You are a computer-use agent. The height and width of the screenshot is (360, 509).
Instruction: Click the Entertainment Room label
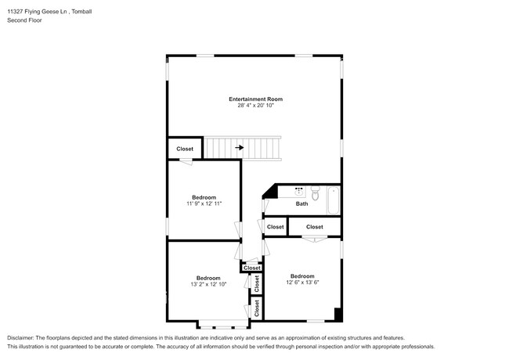click(256, 99)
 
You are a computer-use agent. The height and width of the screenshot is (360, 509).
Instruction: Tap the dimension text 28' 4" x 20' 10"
click(256, 106)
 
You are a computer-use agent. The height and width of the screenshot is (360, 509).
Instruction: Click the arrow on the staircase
click(240, 148)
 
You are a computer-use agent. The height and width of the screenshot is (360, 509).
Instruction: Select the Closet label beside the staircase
click(185, 149)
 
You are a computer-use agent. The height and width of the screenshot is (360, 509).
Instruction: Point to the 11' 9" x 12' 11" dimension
click(204, 203)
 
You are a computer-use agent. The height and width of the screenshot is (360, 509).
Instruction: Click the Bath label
click(302, 203)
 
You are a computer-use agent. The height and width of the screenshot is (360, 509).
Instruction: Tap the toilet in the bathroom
click(316, 193)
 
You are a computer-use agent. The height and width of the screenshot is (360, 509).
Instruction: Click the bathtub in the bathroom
click(334, 200)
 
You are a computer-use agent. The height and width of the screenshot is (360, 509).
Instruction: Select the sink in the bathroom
click(299, 192)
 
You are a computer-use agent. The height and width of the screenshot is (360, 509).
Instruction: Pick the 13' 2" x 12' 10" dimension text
click(208, 284)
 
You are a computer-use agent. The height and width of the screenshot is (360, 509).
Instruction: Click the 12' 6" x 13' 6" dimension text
click(302, 283)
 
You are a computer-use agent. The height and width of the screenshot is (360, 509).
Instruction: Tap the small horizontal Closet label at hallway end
click(252, 268)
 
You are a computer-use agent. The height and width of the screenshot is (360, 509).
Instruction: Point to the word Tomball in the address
click(81, 12)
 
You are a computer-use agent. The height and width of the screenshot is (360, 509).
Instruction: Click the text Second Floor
click(25, 20)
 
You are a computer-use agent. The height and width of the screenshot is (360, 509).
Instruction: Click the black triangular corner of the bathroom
click(272, 193)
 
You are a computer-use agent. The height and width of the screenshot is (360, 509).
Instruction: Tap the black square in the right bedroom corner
click(338, 315)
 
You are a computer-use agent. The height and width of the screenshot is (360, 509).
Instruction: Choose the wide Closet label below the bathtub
click(315, 227)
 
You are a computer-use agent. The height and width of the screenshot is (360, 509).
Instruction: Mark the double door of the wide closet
click(314, 239)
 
